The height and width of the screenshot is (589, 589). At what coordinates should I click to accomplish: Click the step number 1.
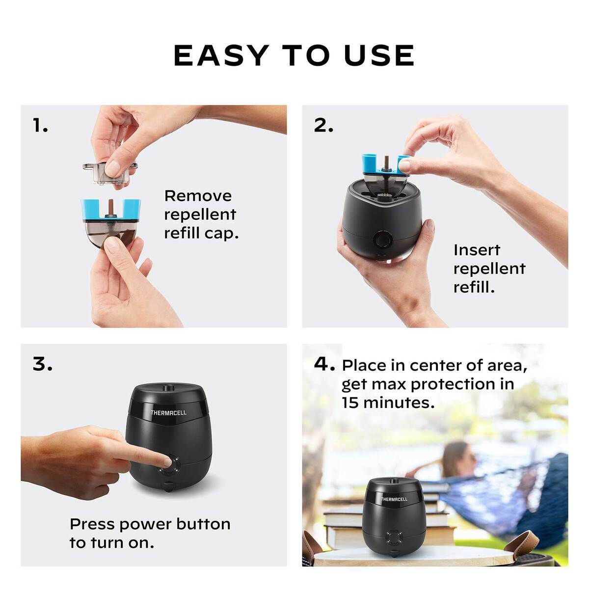click(40, 126)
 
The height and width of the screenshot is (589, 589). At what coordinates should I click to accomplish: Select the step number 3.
click(42, 365)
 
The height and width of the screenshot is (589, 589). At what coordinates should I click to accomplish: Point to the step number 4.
click(324, 365)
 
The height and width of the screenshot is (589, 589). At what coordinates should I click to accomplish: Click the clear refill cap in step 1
click(109, 172)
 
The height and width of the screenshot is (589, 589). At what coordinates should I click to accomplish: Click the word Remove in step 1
click(198, 196)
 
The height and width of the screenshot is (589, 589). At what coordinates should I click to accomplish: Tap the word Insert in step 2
click(477, 250)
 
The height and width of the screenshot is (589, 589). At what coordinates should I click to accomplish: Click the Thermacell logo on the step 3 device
click(168, 413)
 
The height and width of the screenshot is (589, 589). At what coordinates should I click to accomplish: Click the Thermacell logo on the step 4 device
click(394, 499)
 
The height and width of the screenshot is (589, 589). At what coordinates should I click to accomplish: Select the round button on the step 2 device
click(381, 240)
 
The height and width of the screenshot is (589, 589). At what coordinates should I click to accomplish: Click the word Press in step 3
click(92, 524)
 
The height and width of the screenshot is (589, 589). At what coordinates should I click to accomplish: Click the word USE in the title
click(379, 55)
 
